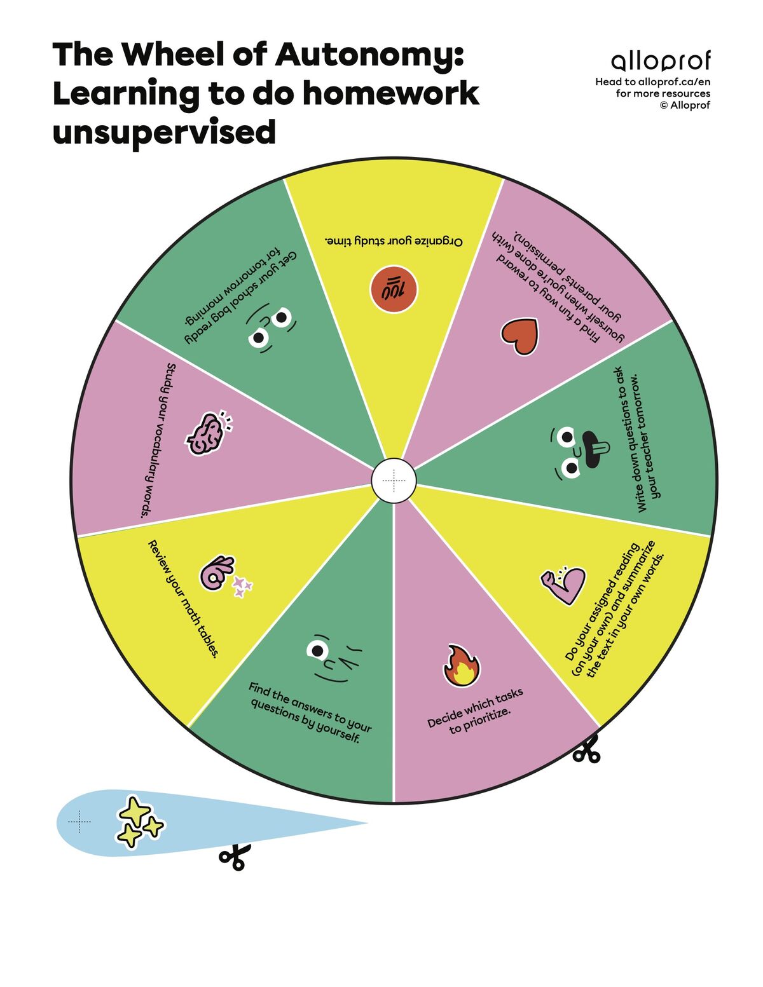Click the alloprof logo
tap(661, 62)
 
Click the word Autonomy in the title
tap(368, 56)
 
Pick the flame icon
tap(461, 667)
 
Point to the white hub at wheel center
tap(394, 481)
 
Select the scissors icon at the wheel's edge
tap(586, 749)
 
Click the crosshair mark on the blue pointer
tap(79, 822)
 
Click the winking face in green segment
tap(333, 658)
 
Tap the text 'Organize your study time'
tap(394, 241)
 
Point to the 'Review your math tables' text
tap(184, 599)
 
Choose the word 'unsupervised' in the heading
tap(164, 132)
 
